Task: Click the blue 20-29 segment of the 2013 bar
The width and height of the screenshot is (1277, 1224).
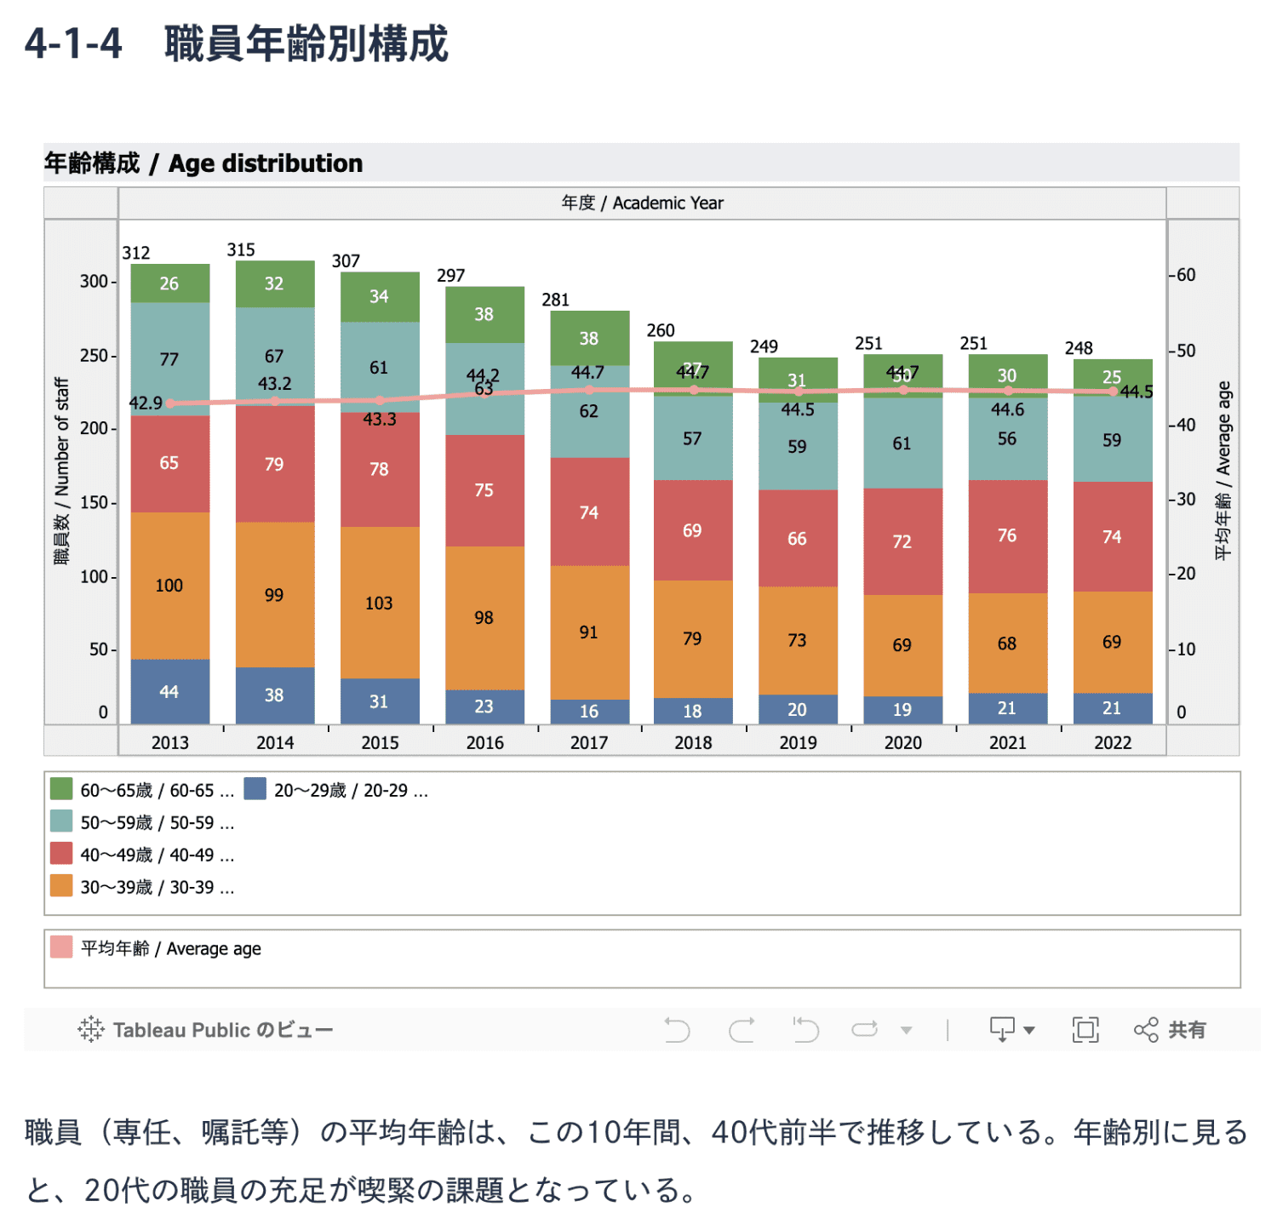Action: pos(169,691)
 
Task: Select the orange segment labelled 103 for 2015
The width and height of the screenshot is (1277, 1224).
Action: pos(380,603)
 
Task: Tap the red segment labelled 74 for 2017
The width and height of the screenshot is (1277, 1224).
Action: pos(589,512)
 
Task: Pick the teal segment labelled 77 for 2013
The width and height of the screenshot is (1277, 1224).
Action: pos(169,358)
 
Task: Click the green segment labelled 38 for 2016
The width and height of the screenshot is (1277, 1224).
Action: pos(484,314)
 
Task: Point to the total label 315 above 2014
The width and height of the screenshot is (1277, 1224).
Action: pos(241,249)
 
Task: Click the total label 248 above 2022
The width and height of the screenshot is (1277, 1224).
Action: pos(1079,348)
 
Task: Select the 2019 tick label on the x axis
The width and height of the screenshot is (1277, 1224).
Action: pos(798,742)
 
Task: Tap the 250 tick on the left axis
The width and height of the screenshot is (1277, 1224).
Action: pos(94,355)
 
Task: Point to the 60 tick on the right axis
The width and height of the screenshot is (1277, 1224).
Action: pos(1186,275)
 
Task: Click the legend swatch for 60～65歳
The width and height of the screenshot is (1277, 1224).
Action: pos(61,789)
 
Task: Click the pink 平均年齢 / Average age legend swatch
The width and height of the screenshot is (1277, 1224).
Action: pos(61,947)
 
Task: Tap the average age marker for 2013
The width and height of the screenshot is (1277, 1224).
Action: pos(170,403)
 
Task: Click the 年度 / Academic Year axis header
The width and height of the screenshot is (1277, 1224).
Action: pos(642,203)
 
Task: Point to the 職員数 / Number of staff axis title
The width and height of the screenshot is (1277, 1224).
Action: pos(61,471)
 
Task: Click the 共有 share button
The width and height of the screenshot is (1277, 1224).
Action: pos(1171,1030)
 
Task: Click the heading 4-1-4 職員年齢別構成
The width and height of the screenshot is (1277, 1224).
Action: pos(236,44)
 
